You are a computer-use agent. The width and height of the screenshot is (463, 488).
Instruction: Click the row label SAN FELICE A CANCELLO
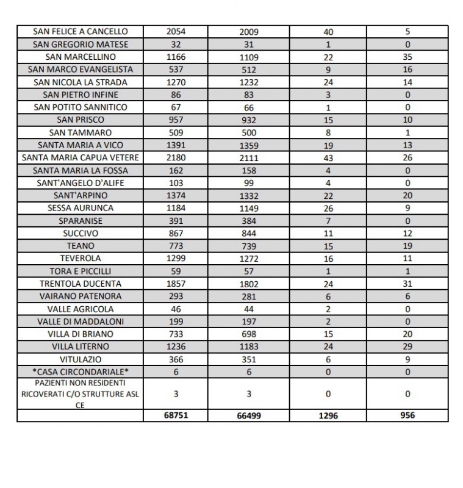pyautogui.click(x=81, y=32)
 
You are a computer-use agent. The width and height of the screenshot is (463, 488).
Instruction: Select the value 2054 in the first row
pyautogui.click(x=176, y=32)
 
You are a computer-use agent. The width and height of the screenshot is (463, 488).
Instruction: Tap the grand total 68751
pyautogui.click(x=176, y=415)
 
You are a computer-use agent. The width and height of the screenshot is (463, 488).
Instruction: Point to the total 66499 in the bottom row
pyautogui.click(x=249, y=416)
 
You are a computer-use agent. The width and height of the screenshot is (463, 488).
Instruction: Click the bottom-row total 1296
pyautogui.click(x=328, y=415)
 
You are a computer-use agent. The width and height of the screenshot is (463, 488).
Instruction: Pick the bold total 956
pyautogui.click(x=407, y=415)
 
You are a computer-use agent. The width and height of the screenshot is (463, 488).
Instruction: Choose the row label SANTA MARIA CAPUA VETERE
pyautogui.click(x=81, y=158)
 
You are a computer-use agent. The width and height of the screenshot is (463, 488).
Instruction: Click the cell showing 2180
pyautogui.click(x=176, y=158)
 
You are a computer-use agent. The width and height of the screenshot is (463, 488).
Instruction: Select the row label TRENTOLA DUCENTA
pyautogui.click(x=81, y=284)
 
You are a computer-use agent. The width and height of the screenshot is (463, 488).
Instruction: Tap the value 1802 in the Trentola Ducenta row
pyautogui.click(x=249, y=284)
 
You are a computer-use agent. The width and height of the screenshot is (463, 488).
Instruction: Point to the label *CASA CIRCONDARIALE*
pyautogui.click(x=81, y=372)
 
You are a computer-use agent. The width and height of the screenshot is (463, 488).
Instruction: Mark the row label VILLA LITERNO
pyautogui.click(x=81, y=347)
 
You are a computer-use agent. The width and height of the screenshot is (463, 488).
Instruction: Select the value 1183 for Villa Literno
pyautogui.click(x=249, y=347)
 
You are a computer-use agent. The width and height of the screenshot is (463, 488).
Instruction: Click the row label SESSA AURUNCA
pyautogui.click(x=81, y=208)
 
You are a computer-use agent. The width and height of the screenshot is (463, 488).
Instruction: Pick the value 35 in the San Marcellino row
pyautogui.click(x=407, y=57)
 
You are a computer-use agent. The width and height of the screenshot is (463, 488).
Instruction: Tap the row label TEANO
pyautogui.click(x=81, y=246)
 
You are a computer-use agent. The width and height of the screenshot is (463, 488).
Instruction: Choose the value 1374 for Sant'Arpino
pyautogui.click(x=176, y=196)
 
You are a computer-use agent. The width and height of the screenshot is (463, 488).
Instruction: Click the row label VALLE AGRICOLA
pyautogui.click(x=81, y=309)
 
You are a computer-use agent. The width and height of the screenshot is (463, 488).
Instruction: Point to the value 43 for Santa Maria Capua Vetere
pyautogui.click(x=328, y=158)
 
